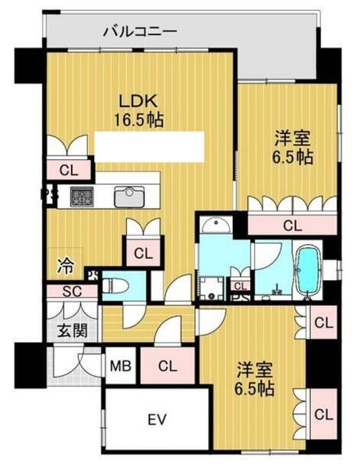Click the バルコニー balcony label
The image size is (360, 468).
click(x=140, y=31)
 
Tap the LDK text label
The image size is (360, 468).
click(x=138, y=101)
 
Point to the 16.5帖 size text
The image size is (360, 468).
click(x=139, y=120)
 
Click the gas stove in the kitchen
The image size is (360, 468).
click(x=82, y=197)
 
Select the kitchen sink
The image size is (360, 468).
click(x=129, y=197)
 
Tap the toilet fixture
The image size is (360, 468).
click(x=115, y=286)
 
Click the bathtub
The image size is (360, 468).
click(x=309, y=270)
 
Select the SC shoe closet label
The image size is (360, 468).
click(x=72, y=292)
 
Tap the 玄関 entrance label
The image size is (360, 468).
click(x=72, y=330)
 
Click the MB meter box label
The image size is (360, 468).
click(x=121, y=366)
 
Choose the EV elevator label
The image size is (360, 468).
click(x=157, y=420)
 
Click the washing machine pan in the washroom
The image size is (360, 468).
click(x=212, y=289)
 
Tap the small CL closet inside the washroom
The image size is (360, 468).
click(x=241, y=285)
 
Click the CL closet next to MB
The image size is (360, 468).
click(x=168, y=366)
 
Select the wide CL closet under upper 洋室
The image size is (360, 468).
click(x=292, y=225)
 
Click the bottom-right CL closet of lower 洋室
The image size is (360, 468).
click(x=323, y=414)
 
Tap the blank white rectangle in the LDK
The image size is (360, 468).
click(x=149, y=147)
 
